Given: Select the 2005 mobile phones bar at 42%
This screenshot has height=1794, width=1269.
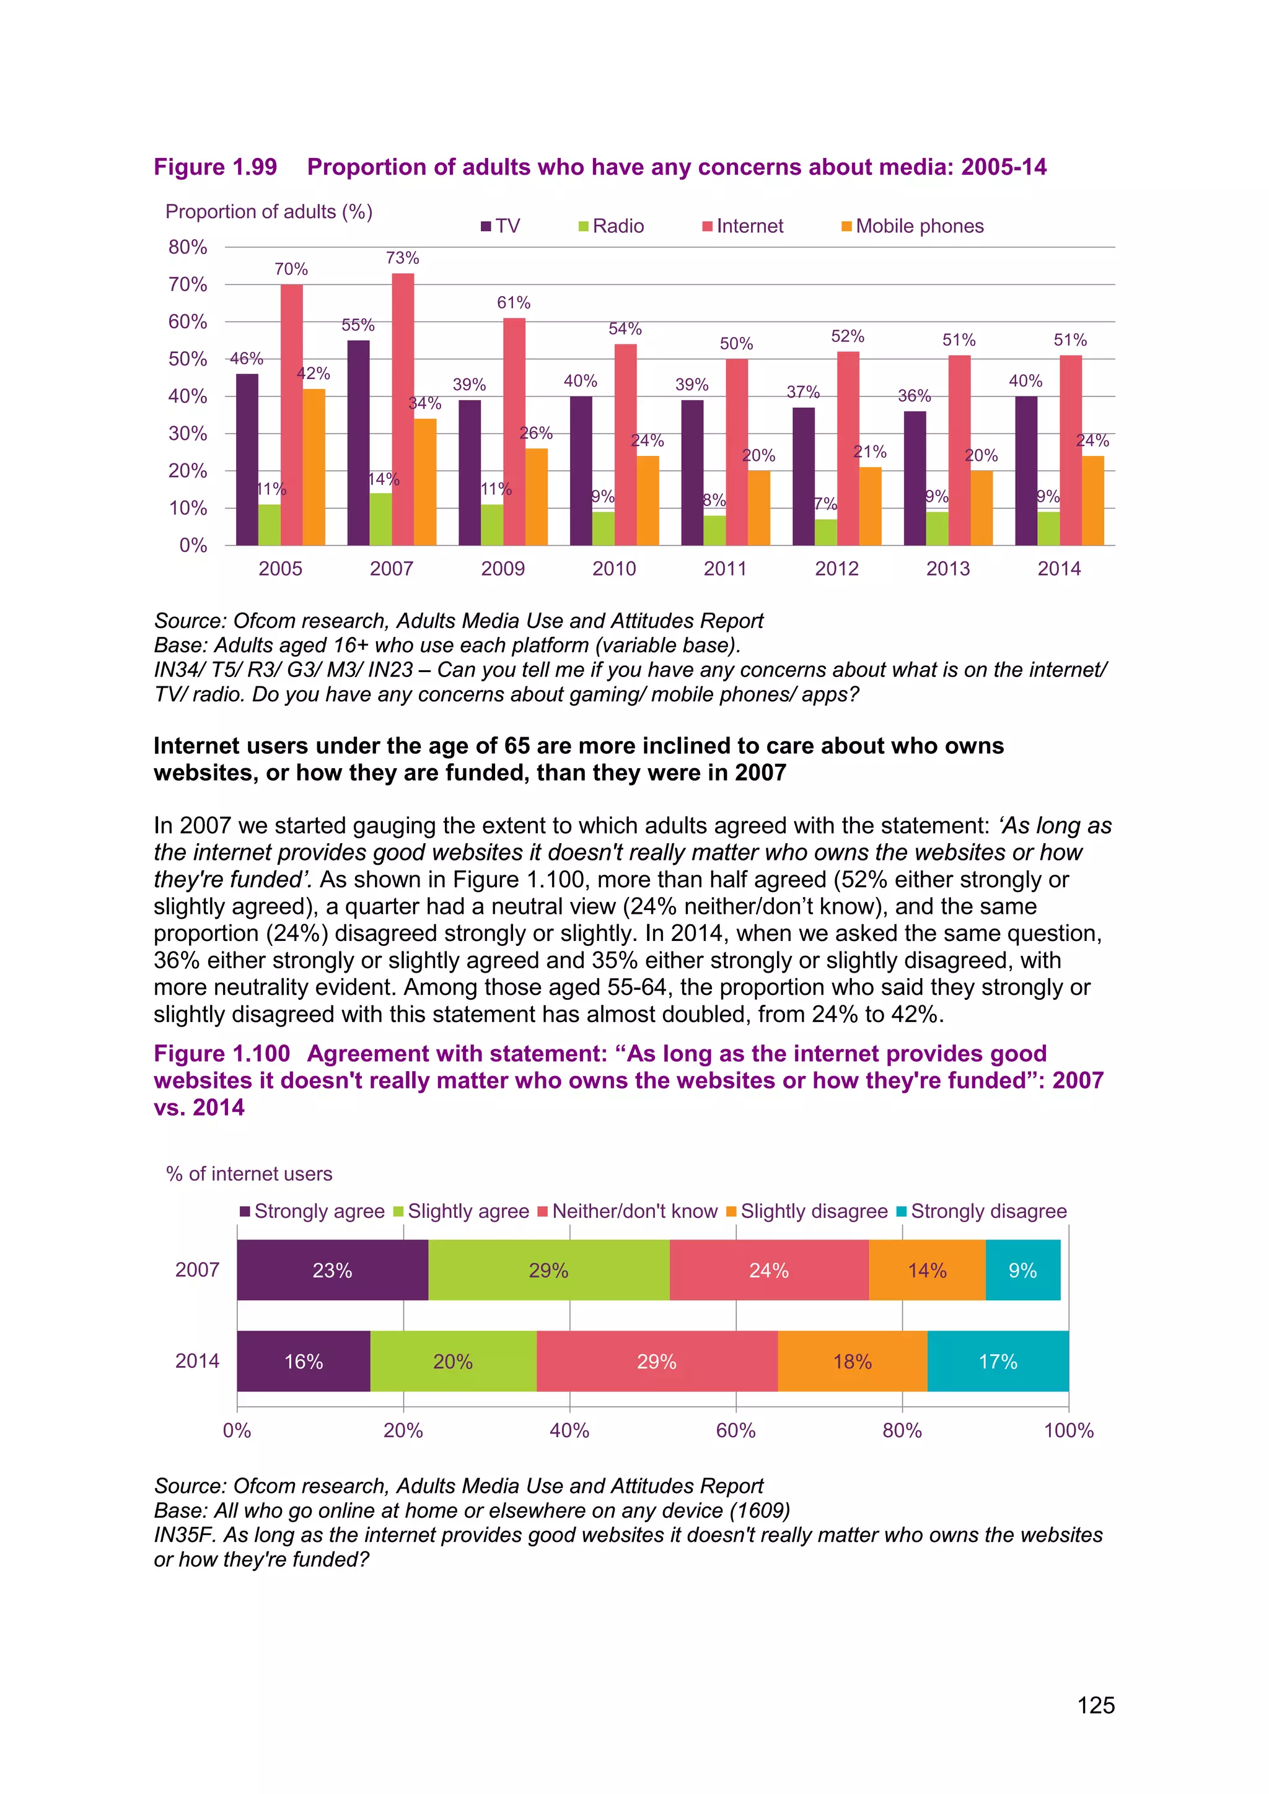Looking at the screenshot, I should tap(314, 466).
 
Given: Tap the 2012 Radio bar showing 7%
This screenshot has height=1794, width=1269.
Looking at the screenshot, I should tap(826, 532).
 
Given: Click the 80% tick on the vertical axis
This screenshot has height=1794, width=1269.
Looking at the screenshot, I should tap(188, 247).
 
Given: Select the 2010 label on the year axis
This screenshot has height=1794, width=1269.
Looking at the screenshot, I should tap(613, 568).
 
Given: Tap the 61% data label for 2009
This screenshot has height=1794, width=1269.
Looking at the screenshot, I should tap(514, 302).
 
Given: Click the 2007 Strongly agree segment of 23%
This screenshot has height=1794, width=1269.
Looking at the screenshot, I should tap(332, 1270).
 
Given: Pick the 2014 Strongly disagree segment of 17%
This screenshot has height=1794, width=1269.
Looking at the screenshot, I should tap(998, 1361).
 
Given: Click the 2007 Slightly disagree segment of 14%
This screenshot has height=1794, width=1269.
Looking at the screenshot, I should tap(927, 1270).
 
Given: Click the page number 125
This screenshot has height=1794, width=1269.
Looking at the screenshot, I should tap(1096, 1705).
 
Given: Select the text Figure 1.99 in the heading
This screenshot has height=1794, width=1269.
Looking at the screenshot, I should tap(215, 167).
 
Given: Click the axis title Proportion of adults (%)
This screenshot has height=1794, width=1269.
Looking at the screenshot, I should tap(269, 212).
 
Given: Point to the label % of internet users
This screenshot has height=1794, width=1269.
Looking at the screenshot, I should tap(248, 1174).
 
